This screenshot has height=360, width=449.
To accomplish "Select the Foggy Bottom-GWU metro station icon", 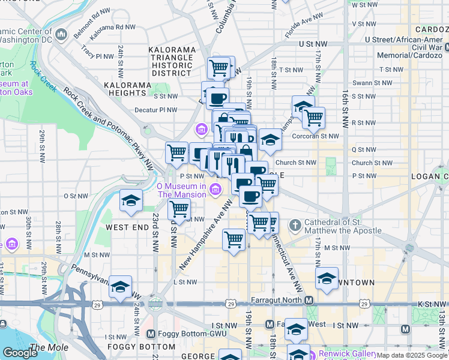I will point(151,334).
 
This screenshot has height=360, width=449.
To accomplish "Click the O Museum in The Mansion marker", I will point(215,190).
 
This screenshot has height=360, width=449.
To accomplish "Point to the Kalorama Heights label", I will point(127,89).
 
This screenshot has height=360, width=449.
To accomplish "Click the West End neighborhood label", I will point(127,228).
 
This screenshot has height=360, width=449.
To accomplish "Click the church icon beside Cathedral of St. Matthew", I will point(294,226).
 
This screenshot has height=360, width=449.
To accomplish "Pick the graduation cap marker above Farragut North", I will point(327,279).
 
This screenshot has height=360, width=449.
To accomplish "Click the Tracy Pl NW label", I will point(97,55).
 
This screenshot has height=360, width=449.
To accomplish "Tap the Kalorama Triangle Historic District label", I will point(172,61).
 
